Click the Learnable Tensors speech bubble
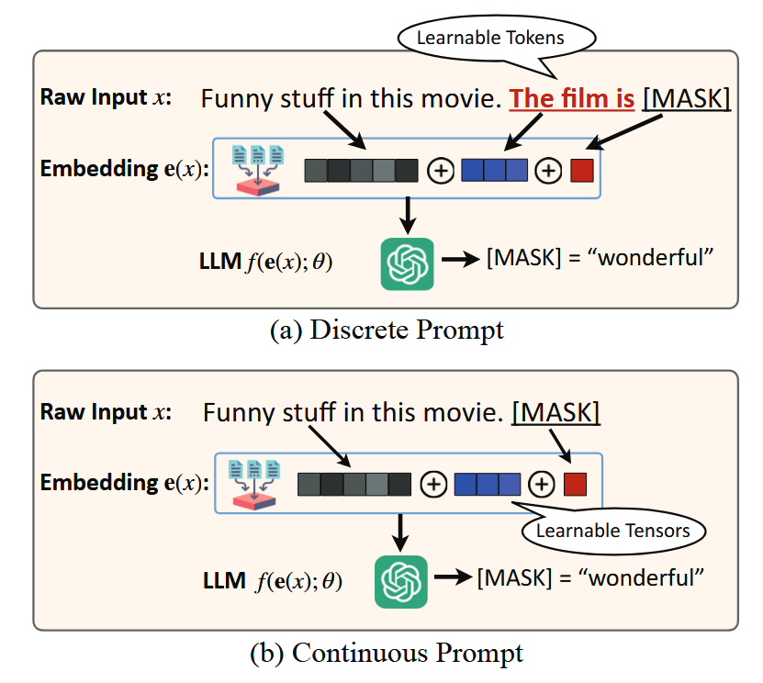tap(612, 531)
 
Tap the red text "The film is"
tap(571, 97)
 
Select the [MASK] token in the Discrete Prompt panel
tap(687, 97)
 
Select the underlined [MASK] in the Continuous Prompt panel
tap(556, 412)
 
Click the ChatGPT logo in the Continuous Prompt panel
tap(401, 580)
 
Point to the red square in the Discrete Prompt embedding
tap(582, 171)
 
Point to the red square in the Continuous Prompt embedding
tap(576, 485)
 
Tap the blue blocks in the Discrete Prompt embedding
tap(495, 171)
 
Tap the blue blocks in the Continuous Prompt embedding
tap(488, 485)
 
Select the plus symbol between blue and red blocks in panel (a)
tap(548, 172)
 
